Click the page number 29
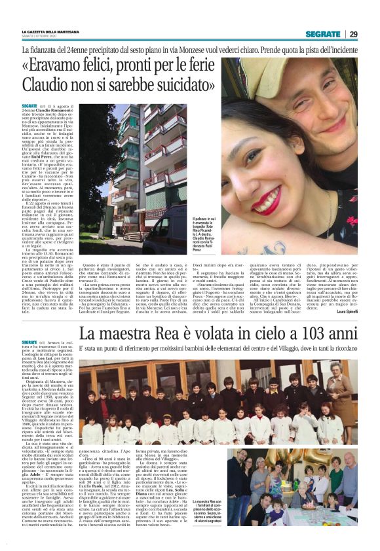353,34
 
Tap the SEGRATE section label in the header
323,34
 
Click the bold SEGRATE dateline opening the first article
29,106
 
